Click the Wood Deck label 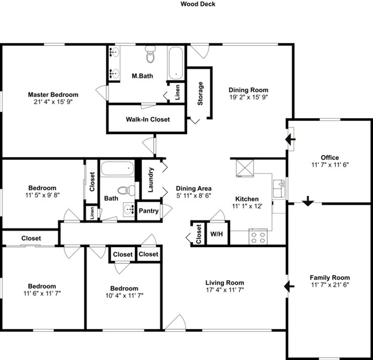(197, 4)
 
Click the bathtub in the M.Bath (176, 64)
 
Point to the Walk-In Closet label (147, 120)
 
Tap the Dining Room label (248, 90)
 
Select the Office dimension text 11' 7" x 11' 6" (329, 165)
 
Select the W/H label (216, 234)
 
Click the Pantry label (148, 211)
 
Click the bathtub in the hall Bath (117, 171)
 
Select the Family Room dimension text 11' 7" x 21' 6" (329, 284)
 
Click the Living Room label (225, 283)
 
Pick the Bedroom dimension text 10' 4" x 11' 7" (124, 296)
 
